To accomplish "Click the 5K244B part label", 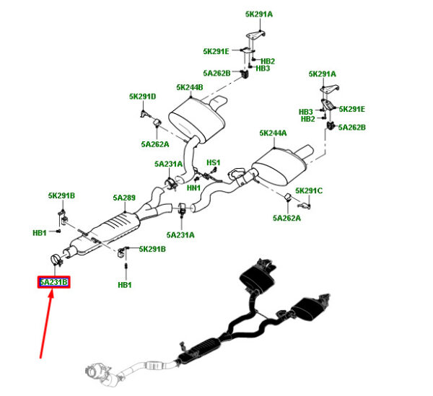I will coord(190,88).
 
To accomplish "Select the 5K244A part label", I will coord(274,133).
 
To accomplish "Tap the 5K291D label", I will coord(142,97).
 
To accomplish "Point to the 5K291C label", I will coord(308,190).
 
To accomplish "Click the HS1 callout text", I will coord(213,163).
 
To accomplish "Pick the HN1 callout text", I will coord(193,188).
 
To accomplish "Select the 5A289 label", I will coord(124,197).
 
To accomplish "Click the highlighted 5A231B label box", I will coord(54,282).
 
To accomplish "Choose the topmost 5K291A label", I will coord(259,14).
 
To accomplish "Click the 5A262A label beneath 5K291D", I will coord(155,144).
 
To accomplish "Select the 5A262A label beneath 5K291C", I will coord(287,218).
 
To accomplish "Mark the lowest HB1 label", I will coord(125,285).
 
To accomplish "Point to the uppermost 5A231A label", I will coord(168,164).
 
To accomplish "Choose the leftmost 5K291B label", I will coord(61,195).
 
